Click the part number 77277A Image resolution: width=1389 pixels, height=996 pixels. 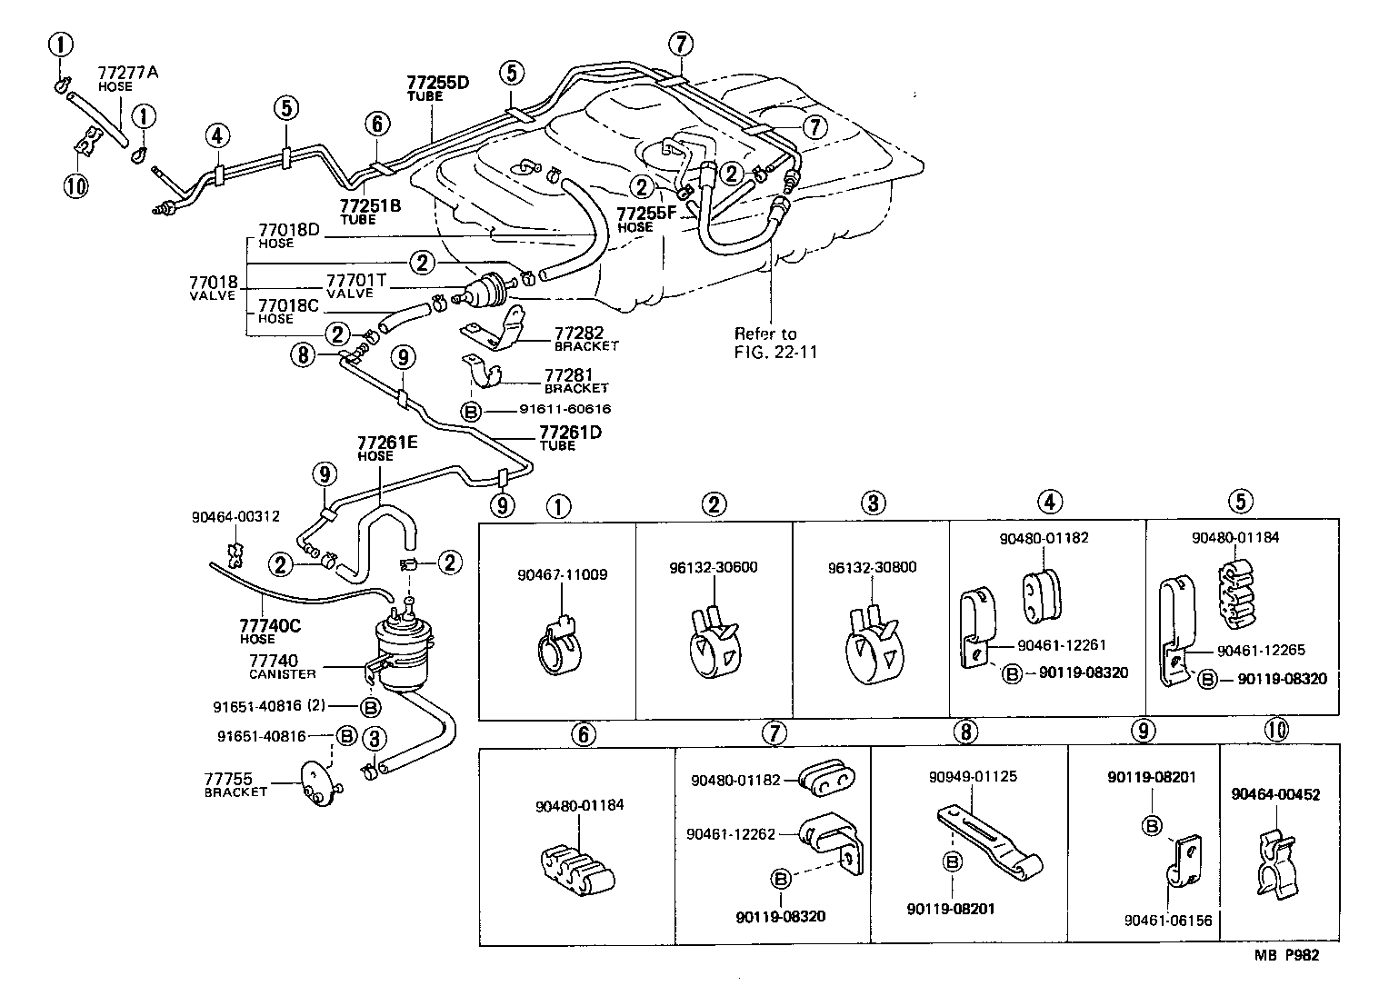127,73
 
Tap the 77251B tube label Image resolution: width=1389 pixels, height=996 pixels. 370,206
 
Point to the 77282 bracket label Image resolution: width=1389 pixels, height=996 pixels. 579,334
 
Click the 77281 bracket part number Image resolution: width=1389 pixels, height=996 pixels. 569,374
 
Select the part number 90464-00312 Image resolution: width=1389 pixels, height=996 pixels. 235,516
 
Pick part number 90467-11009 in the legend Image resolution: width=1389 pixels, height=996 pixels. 562,574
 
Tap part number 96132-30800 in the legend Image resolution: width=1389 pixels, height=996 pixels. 872,568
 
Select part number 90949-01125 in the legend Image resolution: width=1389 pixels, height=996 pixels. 973,777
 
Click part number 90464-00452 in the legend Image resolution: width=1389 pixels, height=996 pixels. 1275,794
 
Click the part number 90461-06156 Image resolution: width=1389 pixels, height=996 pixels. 1167,921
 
